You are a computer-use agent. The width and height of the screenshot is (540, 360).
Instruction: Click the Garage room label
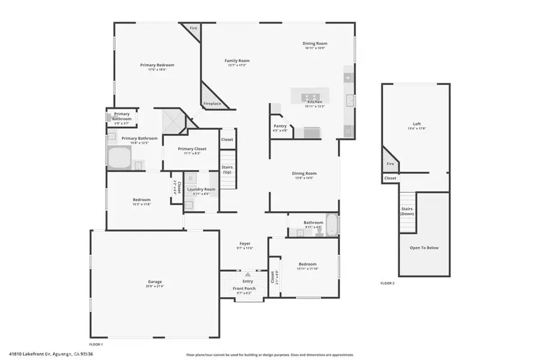[155, 281]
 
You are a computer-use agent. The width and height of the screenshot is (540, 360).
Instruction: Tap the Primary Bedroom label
[157, 65]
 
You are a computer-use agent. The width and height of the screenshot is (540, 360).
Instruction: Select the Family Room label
[237, 61]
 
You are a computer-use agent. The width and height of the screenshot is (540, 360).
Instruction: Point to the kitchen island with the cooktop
[310, 95]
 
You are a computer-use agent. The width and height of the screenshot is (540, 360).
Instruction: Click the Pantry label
[280, 126]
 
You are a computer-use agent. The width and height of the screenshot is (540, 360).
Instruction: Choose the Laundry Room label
[201, 189]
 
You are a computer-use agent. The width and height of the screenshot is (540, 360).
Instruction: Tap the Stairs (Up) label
[227, 170]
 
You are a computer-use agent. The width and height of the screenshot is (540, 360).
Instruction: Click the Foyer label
[245, 243]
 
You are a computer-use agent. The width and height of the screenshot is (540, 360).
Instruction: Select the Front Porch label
[244, 289]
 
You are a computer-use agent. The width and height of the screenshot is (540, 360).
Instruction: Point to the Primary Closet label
[192, 148]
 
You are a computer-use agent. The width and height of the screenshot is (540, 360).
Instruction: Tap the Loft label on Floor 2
[416, 124]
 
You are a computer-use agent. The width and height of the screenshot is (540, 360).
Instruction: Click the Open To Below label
[424, 247]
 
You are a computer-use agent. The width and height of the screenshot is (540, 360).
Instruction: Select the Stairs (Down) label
[407, 211]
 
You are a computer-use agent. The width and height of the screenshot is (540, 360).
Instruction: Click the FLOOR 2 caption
[387, 283]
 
